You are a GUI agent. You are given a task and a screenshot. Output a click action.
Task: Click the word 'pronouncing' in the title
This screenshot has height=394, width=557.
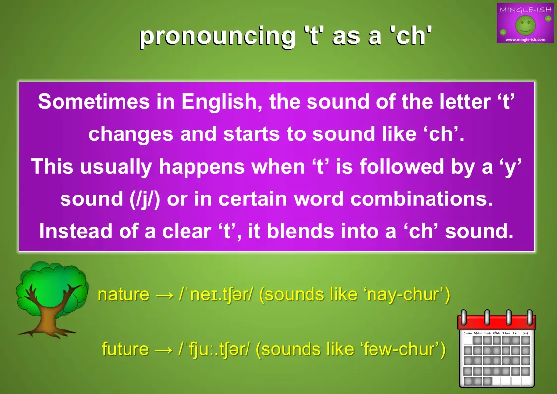click(x=217, y=37)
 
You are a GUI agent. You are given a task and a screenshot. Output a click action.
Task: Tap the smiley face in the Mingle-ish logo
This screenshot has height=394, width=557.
click(x=525, y=25)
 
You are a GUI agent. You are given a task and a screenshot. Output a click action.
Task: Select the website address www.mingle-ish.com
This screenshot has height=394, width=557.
click(x=525, y=39)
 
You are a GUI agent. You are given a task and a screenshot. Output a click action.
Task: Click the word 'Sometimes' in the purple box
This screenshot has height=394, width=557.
click(x=94, y=101)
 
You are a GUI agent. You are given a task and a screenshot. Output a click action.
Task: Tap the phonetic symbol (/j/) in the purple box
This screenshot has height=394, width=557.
click(x=145, y=199)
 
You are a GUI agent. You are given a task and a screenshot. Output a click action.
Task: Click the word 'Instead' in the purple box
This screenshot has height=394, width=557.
click(x=76, y=231)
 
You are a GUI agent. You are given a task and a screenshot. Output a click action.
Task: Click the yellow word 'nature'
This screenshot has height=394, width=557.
click(x=124, y=295)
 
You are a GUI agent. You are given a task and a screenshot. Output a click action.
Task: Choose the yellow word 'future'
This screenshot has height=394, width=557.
click(x=125, y=349)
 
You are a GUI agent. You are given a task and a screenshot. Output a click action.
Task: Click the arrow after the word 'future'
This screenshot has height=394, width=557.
click(x=164, y=350)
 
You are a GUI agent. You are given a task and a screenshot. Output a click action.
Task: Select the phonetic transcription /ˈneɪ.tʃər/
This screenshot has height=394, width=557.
click(x=216, y=295)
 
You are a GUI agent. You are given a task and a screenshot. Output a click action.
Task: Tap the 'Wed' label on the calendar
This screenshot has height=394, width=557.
click(x=496, y=333)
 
